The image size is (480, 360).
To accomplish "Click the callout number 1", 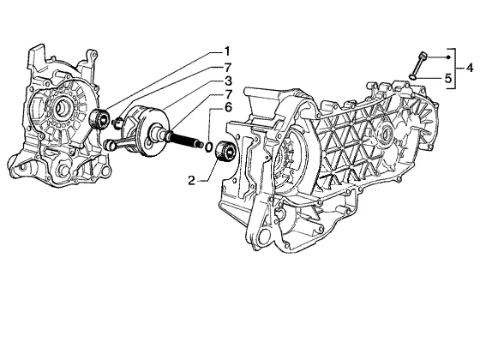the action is coord(227,51).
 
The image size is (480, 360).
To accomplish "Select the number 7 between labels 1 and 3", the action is coord(228,68).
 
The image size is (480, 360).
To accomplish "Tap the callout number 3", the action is coord(228,81).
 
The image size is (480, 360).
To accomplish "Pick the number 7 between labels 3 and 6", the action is coord(228,94).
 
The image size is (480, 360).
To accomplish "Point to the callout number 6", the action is coord(228,107).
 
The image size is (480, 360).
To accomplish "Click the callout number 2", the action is coord(192,181).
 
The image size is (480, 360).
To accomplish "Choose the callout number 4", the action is coord(470,68).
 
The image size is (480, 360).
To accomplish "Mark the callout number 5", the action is coord(448,79).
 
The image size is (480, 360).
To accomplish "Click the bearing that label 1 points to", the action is coord(99,118).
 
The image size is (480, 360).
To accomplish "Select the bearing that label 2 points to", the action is coord(225,151).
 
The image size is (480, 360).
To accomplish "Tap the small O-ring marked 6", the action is coord(208,147).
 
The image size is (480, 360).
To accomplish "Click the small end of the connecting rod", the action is coord(108,145).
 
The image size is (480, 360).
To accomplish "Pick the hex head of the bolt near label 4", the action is coord(423,56).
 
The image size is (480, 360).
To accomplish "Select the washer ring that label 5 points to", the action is coord(412,76).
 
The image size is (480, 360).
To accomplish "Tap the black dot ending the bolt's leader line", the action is coord(447,57).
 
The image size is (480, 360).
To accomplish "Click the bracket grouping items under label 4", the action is coord(454,69).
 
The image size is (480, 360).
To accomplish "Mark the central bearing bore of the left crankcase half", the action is coord(62,107).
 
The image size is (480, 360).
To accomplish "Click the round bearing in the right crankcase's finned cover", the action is coord(387,134).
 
